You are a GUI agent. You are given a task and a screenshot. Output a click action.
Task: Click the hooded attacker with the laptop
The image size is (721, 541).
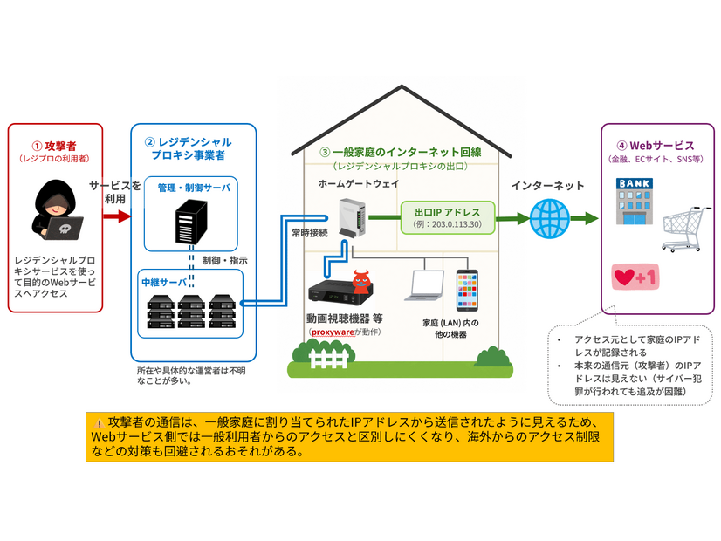click(x=57, y=209)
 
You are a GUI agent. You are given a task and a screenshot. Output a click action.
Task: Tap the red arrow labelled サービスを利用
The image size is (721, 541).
click(x=117, y=216)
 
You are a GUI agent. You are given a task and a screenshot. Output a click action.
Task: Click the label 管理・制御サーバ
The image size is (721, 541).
click(x=194, y=188)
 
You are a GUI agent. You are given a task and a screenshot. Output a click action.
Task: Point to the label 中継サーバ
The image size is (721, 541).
click(x=164, y=282)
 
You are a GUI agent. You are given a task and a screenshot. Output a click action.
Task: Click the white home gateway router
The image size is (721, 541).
click(x=353, y=218)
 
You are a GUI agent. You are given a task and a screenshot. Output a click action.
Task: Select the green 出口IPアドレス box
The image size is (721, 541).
click(x=448, y=218)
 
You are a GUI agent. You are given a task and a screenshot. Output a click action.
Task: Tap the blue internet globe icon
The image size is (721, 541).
click(x=550, y=218)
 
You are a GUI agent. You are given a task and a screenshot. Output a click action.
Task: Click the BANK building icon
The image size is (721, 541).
click(x=635, y=202)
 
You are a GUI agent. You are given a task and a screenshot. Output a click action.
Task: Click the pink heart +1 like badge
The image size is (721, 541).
click(x=635, y=277)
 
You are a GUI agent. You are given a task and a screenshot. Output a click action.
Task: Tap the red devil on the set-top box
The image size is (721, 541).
click(x=361, y=282)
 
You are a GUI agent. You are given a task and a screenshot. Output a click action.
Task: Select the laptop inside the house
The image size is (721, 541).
click(x=425, y=285)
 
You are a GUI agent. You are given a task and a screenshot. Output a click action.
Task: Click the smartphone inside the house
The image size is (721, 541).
click(x=467, y=290)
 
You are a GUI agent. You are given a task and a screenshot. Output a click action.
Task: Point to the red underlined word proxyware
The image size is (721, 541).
click(x=333, y=332)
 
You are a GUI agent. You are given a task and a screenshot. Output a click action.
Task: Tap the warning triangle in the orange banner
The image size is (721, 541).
click(x=99, y=423)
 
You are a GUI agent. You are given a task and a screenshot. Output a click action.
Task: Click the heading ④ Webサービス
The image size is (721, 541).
click(x=656, y=146)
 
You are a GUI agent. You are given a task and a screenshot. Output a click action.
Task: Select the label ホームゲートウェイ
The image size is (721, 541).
click(x=359, y=183)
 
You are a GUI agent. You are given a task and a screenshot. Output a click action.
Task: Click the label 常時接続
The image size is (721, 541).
click(x=310, y=233)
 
